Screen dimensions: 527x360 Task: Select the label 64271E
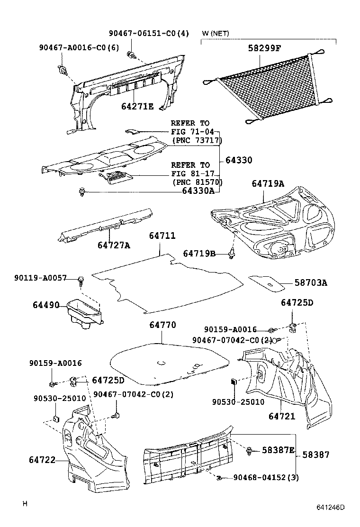[137, 107]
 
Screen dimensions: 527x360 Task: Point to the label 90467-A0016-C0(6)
[79, 47]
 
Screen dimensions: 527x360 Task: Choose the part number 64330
[239, 160]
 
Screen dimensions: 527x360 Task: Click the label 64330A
[198, 191]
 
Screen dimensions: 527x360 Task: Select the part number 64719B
[199, 254]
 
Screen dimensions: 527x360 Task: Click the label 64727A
[114, 245]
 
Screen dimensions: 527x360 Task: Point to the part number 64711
[162, 236]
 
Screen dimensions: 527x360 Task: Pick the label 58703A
[311, 283]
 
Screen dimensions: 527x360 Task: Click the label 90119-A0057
[40, 278]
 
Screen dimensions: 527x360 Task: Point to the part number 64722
[43, 459]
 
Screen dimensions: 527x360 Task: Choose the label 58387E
[279, 450]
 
